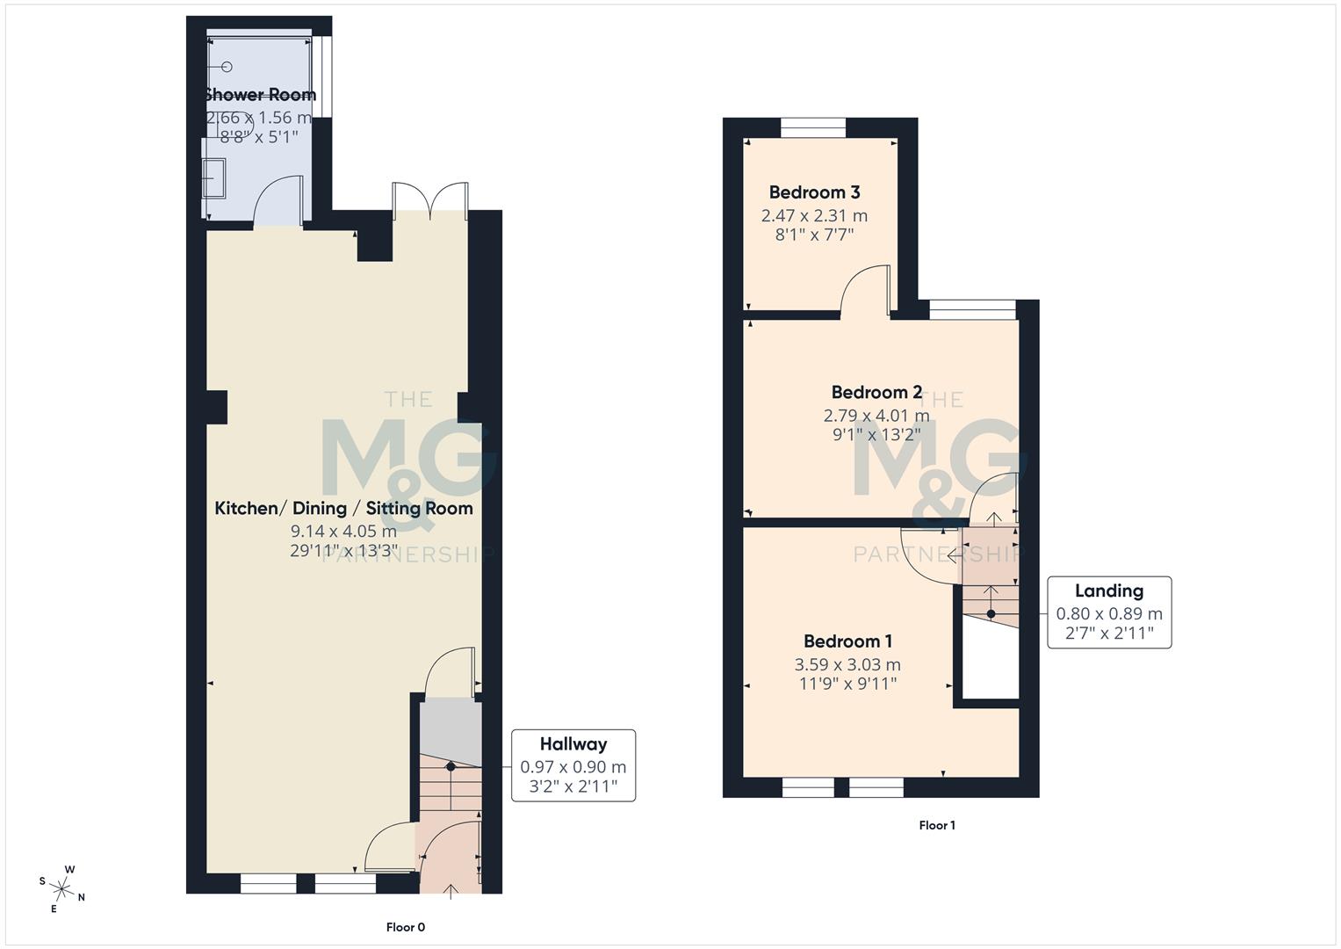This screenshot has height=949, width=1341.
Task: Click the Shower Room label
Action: tap(259, 95)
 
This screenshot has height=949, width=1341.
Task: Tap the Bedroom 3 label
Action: tap(814, 192)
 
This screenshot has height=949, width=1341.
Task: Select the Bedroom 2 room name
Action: tap(876, 393)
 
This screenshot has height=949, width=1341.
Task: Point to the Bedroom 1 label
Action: tap(847, 641)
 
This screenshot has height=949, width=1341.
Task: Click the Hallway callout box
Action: tap(573, 765)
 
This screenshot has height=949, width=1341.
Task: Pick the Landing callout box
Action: tap(1109, 612)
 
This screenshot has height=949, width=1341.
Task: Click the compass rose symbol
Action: tap(61, 888)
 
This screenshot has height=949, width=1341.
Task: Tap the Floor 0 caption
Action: tap(406, 927)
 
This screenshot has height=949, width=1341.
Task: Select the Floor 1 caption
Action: tap(937, 825)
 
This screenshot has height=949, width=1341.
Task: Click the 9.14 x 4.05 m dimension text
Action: tap(343, 532)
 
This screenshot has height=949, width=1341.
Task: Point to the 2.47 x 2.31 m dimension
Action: tap(814, 216)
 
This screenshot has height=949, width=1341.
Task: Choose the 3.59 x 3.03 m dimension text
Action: tap(847, 665)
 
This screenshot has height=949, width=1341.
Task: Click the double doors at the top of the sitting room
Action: tap(430, 200)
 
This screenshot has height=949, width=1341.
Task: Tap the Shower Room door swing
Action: tap(278, 202)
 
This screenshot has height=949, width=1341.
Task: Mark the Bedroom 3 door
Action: tap(865, 290)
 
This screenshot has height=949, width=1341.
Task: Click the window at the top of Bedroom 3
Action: tap(813, 128)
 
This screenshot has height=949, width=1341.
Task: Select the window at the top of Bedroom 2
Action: tap(972, 308)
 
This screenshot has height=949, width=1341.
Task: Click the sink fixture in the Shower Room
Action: tap(213, 177)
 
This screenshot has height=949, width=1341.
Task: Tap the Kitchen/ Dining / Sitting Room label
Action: tap(343, 508)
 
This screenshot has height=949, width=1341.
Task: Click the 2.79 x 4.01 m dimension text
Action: tap(876, 416)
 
